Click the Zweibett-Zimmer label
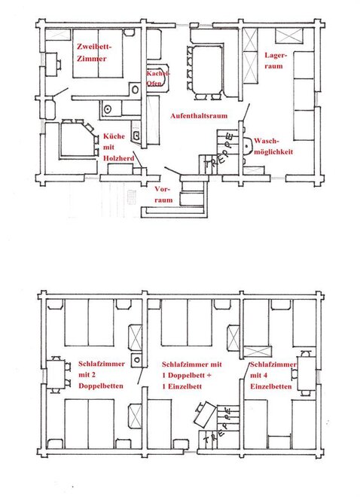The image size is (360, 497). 94,53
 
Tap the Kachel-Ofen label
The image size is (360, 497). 157,78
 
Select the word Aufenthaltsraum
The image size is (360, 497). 199,116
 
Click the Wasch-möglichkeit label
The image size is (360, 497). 273,146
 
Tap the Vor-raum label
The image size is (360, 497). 163,194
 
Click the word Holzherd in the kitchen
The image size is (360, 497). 118,158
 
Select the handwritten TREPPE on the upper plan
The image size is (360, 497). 219,151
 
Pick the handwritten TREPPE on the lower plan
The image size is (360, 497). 218,426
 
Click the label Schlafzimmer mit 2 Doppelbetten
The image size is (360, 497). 102,375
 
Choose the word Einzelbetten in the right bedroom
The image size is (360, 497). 271,386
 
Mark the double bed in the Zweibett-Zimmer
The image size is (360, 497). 98,53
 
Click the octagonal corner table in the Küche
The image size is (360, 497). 77,139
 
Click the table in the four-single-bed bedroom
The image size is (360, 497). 307,374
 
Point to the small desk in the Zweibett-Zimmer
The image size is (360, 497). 51,64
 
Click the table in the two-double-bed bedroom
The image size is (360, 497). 56,375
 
